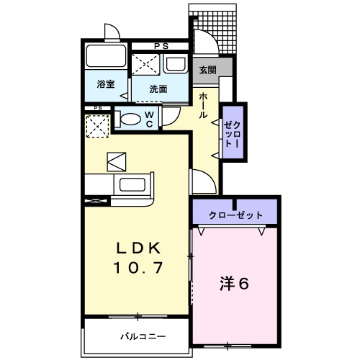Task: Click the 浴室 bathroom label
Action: [x=105, y=85]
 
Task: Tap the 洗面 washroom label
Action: [x=158, y=89]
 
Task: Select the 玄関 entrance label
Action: [x=208, y=70]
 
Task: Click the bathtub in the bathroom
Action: [x=105, y=57]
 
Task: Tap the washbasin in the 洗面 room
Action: [x=176, y=64]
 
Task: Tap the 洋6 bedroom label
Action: [x=235, y=284]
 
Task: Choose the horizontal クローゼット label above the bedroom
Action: [x=235, y=215]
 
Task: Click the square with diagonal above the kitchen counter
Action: [x=116, y=161]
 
